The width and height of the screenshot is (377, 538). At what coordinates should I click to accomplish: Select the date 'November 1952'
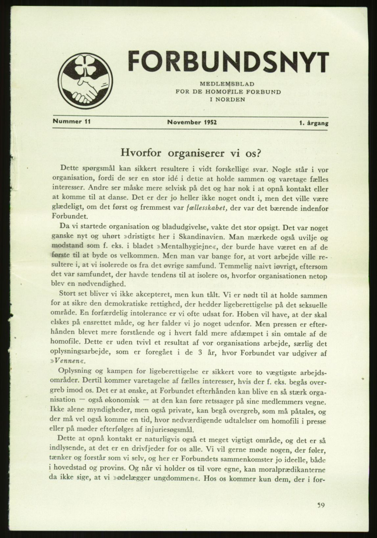pyautogui.click(x=191, y=122)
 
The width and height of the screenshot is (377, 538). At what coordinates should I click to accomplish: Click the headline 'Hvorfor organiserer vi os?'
pyautogui.click(x=191, y=153)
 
